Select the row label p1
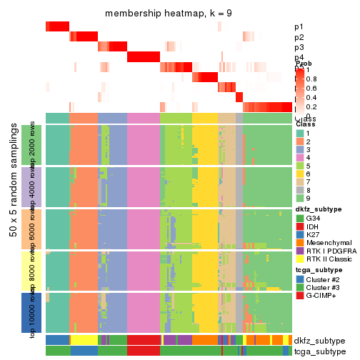[299, 27]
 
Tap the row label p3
[299, 47]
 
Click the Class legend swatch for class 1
[300, 134]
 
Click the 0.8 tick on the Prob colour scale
[313, 78]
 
